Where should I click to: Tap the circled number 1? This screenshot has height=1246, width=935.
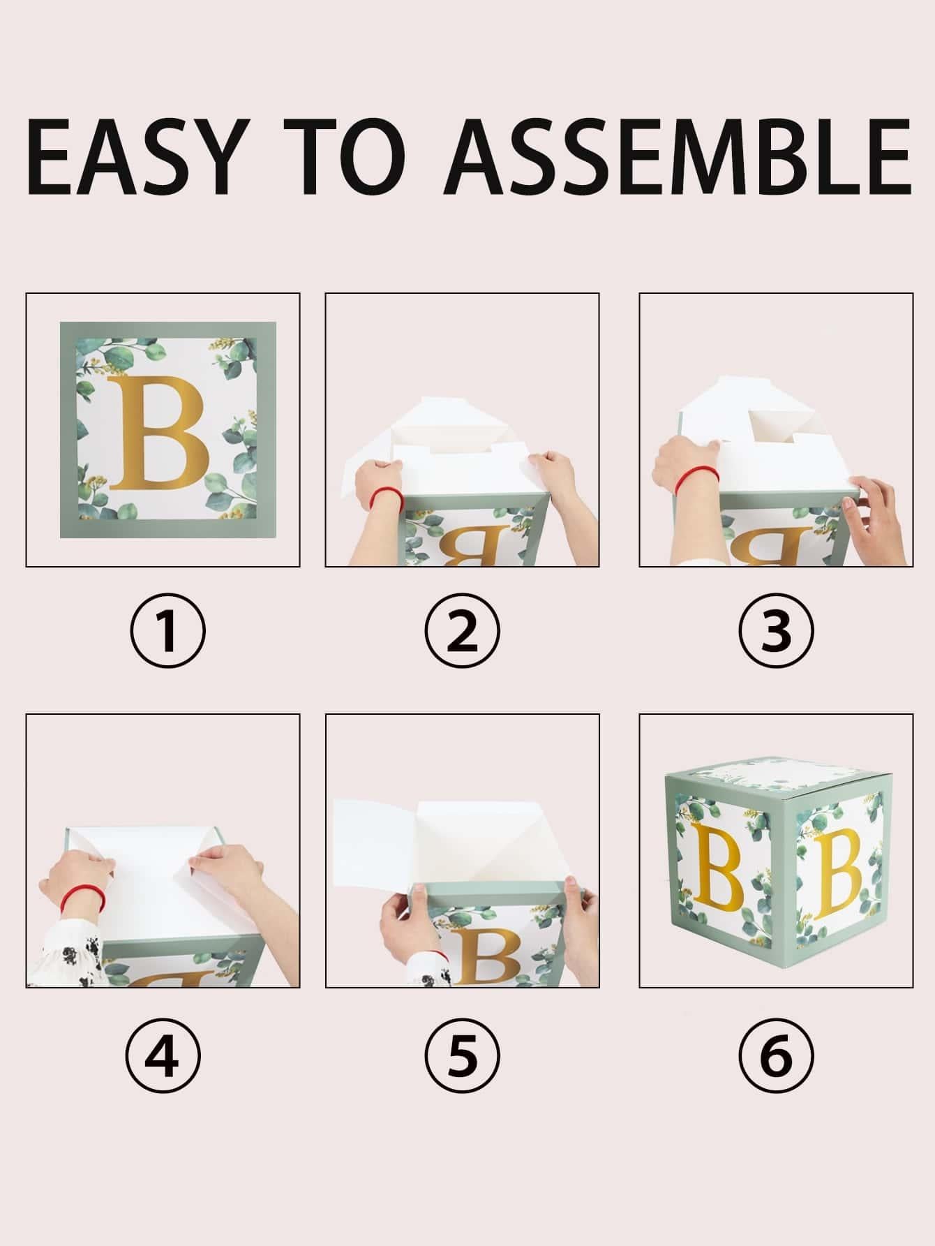pyautogui.click(x=167, y=630)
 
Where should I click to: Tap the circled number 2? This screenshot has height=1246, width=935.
pyautogui.click(x=462, y=630)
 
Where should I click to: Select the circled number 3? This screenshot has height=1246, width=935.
pyautogui.click(x=776, y=630)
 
